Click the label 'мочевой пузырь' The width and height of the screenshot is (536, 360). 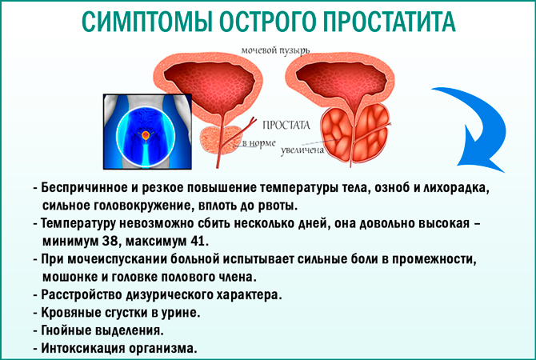(274, 51)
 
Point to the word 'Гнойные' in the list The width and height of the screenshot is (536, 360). (67, 330)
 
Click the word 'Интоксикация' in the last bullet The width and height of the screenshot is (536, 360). (84, 349)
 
